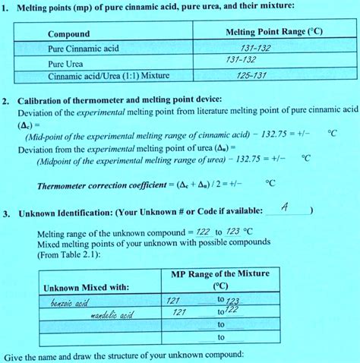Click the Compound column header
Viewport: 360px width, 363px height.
click(68, 34)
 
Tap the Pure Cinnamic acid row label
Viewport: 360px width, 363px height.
click(84, 49)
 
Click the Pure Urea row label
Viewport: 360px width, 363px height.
click(64, 63)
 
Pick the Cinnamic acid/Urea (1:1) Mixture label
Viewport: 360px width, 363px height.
click(109, 77)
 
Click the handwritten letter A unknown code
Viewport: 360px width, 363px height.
click(283, 207)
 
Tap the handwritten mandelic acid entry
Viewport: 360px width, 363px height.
click(112, 313)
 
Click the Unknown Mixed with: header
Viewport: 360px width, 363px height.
click(86, 288)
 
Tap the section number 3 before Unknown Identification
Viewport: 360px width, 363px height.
click(6, 213)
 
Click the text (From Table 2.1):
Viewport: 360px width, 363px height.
click(69, 256)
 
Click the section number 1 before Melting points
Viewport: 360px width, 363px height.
click(6, 8)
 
